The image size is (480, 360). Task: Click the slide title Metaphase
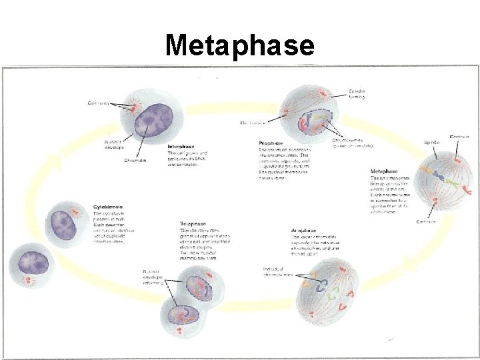(239, 45)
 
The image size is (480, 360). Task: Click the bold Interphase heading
(181, 146)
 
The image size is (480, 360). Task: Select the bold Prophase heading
(270, 143)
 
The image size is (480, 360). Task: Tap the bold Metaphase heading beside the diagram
(385, 171)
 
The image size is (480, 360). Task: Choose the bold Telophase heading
(193, 223)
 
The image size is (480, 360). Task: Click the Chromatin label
(135, 160)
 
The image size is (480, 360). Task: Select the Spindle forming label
(357, 94)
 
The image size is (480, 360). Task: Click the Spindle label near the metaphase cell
(431, 142)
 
